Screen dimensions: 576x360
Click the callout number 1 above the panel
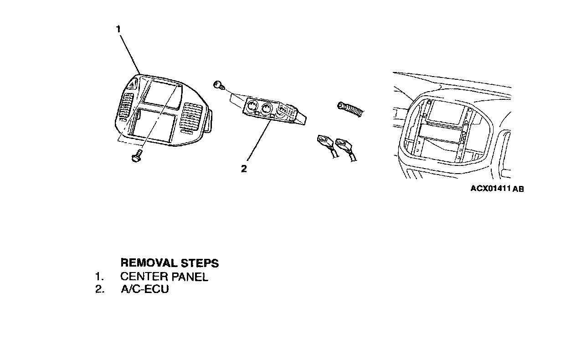pyautogui.click(x=118, y=29)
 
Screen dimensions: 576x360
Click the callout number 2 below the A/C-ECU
pyautogui.click(x=244, y=169)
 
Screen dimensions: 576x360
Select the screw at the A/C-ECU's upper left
pyautogui.click(x=218, y=84)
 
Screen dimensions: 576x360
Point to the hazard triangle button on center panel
pyautogui.click(x=133, y=84)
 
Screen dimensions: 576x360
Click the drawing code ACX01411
pyautogui.click(x=491, y=188)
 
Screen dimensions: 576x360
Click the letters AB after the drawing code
pyautogui.click(x=518, y=189)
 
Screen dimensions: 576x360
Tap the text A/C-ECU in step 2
pyautogui.click(x=144, y=289)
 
